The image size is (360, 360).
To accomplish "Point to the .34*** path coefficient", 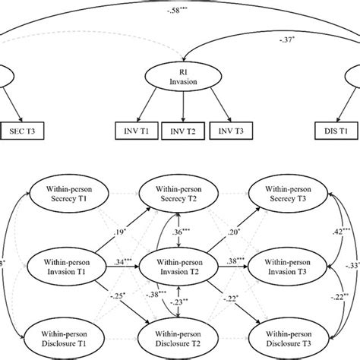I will tap(120, 261).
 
